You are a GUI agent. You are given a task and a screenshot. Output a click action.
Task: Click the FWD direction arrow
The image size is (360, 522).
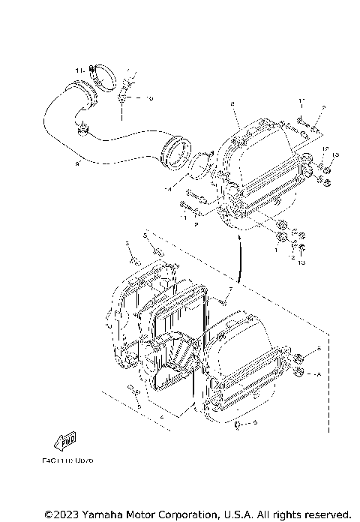[x=66, y=440]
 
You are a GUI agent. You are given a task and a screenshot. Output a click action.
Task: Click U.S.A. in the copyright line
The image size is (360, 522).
[x=238, y=514]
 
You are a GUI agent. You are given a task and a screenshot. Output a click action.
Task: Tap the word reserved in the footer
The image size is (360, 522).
[x=325, y=514]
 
